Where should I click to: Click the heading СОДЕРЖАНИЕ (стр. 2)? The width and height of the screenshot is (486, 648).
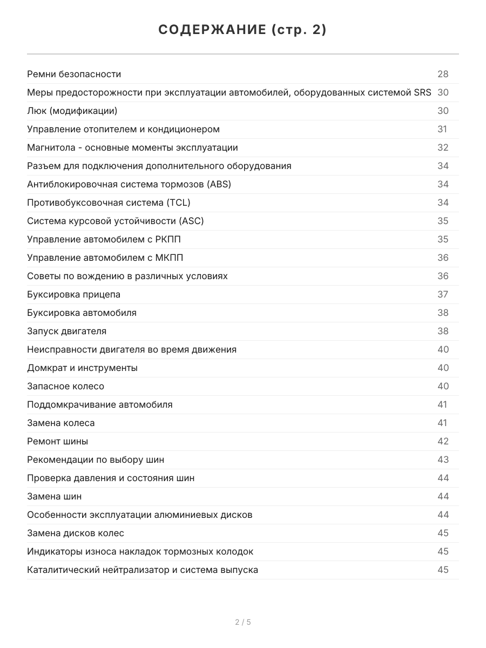[242, 30]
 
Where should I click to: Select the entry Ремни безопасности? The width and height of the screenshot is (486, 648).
[74, 75]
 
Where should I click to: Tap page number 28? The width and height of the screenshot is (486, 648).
[443, 75]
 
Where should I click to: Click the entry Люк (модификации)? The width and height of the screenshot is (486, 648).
[72, 111]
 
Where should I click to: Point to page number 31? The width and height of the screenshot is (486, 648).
[442, 130]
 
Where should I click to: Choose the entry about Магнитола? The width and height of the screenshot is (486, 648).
[132, 148]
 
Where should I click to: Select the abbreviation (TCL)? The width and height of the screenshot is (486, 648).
[178, 203]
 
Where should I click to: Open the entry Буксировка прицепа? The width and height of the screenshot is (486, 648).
[74, 295]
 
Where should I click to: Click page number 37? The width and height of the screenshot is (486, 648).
[443, 295]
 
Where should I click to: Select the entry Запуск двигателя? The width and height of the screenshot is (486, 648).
[66, 332]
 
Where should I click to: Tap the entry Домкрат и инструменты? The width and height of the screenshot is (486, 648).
[82, 368]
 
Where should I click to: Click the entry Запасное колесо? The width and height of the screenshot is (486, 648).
[65, 387]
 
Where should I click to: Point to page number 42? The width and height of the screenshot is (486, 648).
[443, 442]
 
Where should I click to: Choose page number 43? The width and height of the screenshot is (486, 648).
[443, 460]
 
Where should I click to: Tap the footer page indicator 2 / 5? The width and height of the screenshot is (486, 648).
[243, 622]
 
